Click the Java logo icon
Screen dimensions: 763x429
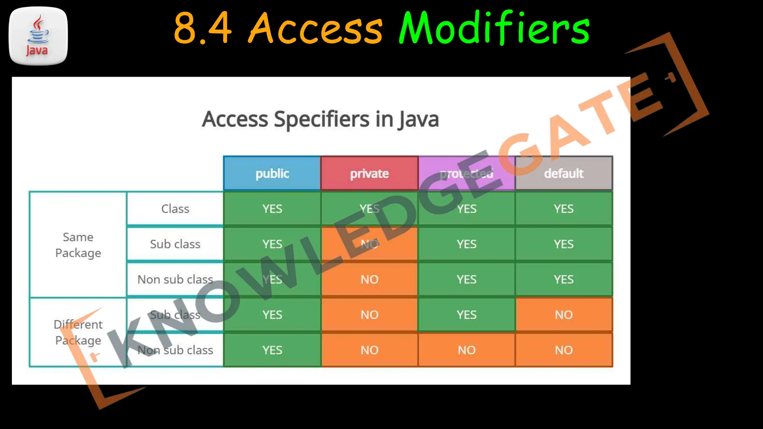(x=38, y=36)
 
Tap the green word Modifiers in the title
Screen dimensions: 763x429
(x=494, y=28)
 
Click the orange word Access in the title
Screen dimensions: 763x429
(x=315, y=28)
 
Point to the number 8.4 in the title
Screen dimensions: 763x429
(x=203, y=28)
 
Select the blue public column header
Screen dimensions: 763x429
(x=272, y=174)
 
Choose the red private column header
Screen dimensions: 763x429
(x=369, y=174)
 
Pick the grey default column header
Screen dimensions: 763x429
(x=564, y=174)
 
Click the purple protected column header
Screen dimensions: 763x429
(x=466, y=174)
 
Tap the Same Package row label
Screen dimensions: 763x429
(x=78, y=245)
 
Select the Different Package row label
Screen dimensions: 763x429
(x=78, y=332)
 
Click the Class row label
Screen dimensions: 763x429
(x=175, y=209)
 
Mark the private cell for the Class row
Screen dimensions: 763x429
(x=369, y=209)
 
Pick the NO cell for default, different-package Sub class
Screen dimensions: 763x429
(x=564, y=315)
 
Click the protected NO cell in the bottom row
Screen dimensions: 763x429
(x=466, y=350)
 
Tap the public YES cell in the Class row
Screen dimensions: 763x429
(x=272, y=209)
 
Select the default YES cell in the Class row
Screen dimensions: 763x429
(x=564, y=209)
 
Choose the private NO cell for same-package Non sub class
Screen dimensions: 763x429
(x=369, y=279)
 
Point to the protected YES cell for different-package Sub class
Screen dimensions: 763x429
(x=466, y=315)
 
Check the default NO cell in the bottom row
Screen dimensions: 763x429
(x=564, y=350)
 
